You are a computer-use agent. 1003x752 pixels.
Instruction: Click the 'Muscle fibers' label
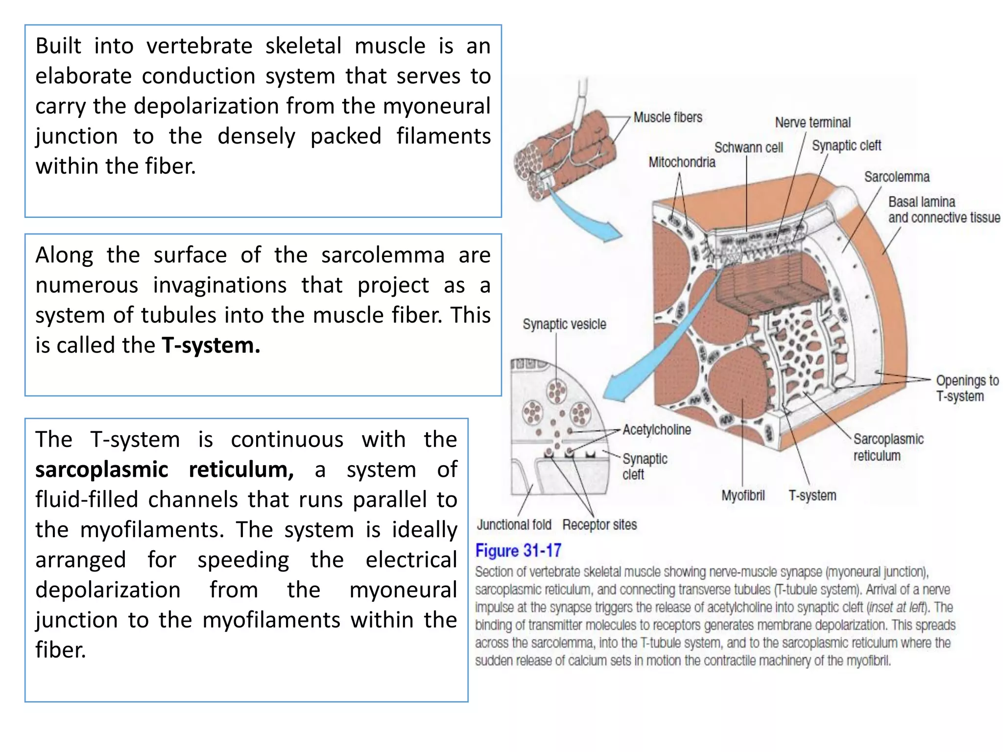(668, 117)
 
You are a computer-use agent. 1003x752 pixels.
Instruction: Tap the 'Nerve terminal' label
(812, 122)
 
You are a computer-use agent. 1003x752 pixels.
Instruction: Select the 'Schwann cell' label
(748, 147)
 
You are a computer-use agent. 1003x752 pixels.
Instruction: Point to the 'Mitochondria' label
(682, 162)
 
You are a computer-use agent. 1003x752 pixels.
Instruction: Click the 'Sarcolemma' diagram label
(897, 177)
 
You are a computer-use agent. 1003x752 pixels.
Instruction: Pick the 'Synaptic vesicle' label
(564, 324)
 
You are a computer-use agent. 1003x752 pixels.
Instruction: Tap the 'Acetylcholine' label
(657, 430)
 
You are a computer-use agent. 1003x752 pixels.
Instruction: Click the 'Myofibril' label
(743, 495)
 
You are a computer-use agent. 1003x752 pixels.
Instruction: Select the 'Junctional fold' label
(514, 525)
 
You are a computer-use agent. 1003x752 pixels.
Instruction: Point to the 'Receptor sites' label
(599, 525)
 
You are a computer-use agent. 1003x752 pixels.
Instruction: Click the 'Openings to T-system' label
(967, 388)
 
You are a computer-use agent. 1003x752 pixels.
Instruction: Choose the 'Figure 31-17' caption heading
(518, 551)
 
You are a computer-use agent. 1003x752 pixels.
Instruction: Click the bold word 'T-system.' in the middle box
(211, 345)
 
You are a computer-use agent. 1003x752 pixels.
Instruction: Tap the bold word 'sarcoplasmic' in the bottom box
(102, 470)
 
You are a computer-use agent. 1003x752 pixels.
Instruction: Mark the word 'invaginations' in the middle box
(220, 285)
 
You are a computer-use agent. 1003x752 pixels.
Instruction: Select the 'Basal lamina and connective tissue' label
(944, 210)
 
